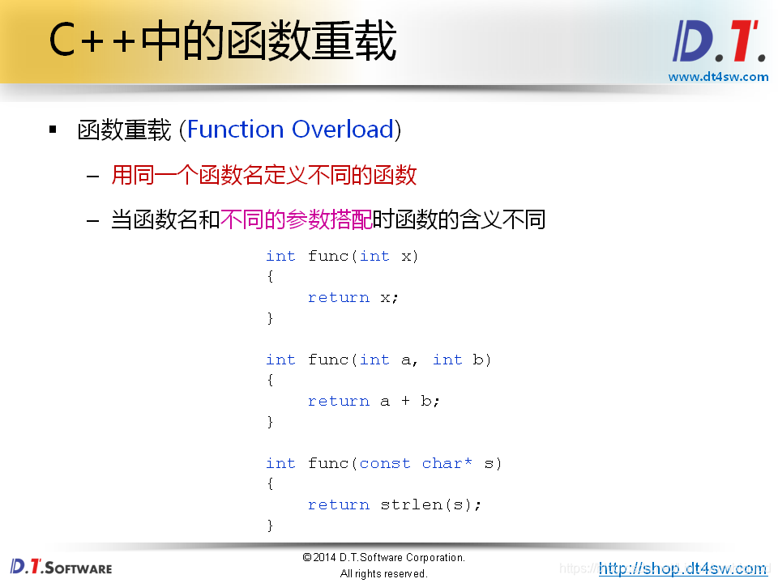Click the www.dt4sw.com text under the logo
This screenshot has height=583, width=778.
[x=718, y=77]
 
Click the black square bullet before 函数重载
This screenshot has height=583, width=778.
[x=53, y=130]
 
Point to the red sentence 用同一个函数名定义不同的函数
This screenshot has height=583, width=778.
[x=263, y=175]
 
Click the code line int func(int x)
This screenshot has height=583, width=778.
[x=342, y=256]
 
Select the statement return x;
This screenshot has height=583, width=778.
[x=353, y=297]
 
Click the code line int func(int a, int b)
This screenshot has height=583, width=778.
[x=378, y=360]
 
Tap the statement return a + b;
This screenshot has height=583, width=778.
[x=374, y=401]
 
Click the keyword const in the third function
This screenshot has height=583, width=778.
[x=385, y=463]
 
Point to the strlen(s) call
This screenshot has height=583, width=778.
[x=428, y=504]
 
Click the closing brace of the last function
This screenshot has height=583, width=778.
[x=271, y=526]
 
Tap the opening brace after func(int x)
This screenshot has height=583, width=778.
[x=271, y=277]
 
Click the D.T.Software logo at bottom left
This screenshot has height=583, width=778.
[x=62, y=567]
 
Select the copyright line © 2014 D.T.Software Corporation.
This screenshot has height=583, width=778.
[x=383, y=558]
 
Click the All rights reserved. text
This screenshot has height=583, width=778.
[x=383, y=574]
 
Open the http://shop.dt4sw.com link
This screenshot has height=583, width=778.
[x=682, y=568]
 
